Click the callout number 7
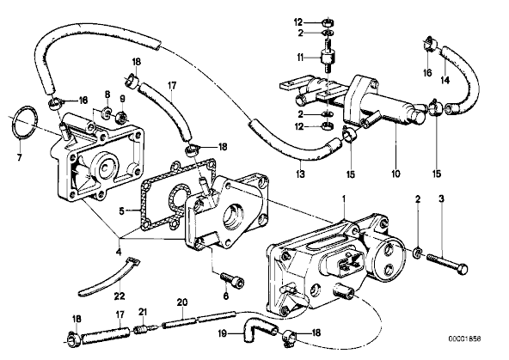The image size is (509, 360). [19, 157]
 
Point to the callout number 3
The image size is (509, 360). [441, 198]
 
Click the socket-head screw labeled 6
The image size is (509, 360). [232, 280]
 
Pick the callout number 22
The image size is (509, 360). [120, 296]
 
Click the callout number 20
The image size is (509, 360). [182, 302]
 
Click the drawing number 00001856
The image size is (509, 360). [464, 339]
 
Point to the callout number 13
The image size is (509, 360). [301, 174]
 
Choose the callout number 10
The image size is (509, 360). [396, 174]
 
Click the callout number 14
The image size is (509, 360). [445, 79]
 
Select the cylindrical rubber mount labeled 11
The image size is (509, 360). [327, 59]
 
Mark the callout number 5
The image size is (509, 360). [121, 211]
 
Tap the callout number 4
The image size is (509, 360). [119, 252]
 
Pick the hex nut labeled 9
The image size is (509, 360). [122, 117]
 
